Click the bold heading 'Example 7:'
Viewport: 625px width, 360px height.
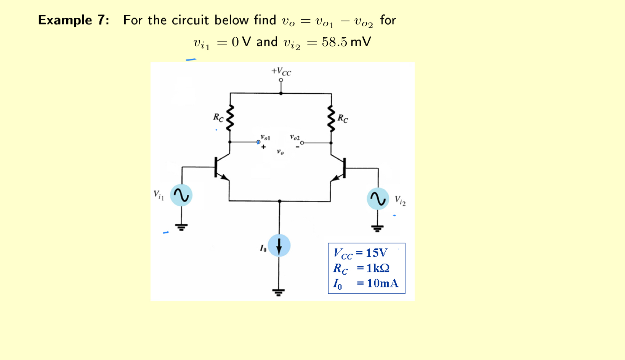74,20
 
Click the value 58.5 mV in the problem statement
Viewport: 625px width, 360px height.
346,42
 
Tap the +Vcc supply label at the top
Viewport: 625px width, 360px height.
281,71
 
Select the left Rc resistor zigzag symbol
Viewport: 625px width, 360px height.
230,118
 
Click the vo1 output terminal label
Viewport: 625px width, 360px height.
265,137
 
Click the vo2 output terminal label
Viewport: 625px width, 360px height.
295,137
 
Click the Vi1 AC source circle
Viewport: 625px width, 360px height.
181,195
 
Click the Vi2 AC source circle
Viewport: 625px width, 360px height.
378,198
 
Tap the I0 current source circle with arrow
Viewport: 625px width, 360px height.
279,245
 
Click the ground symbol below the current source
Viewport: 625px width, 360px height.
279,292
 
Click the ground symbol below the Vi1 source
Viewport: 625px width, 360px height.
181,227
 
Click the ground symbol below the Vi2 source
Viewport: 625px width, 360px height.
377,229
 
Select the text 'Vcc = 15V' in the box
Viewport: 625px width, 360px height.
361,253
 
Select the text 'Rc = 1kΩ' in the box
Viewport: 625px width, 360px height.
361,268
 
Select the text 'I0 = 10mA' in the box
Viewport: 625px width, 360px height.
365,283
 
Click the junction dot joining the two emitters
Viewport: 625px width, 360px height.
279,201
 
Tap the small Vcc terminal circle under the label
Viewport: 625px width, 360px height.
281,80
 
